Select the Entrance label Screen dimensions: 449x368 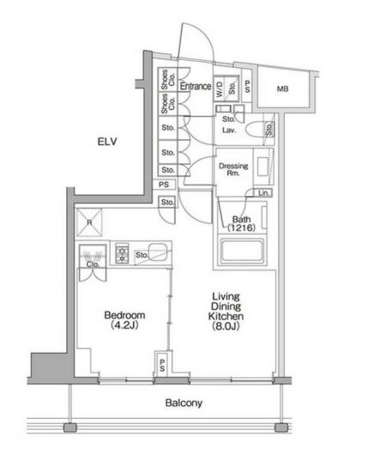point(195,86)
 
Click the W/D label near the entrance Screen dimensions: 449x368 point(220,87)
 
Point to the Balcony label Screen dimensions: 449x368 point(184,402)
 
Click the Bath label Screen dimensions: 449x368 point(241,219)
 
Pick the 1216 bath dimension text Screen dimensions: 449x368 point(241,229)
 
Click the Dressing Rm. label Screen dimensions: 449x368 point(234,168)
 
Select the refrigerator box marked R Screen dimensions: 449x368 point(88,221)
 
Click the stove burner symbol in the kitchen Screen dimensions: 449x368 point(122,253)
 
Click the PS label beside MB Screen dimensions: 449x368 point(247,87)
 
